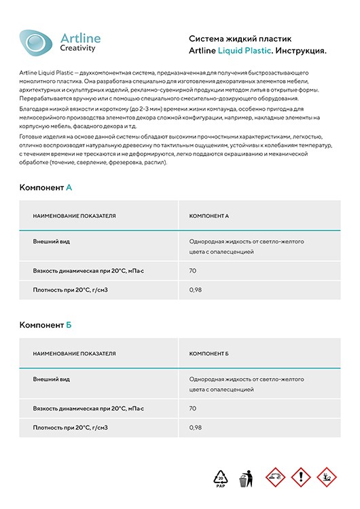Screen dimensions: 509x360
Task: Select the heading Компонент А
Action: pyautogui.click(x=46, y=187)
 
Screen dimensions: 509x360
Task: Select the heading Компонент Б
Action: pyautogui.click(x=46, y=325)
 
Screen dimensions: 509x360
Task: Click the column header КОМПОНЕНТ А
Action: pyautogui.click(x=209, y=216)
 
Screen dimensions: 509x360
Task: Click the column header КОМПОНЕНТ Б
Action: pyautogui.click(x=209, y=354)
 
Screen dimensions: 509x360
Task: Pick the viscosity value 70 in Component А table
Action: pyautogui.click(x=193, y=270)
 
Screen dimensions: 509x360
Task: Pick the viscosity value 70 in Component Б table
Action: pyautogui.click(x=193, y=409)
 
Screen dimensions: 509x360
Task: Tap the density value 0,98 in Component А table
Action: pyautogui.click(x=196, y=290)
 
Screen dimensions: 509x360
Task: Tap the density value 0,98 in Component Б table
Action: pyautogui.click(x=196, y=428)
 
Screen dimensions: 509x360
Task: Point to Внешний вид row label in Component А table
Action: pyautogui.click(x=52, y=241)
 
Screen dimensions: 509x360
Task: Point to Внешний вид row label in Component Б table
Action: pyautogui.click(x=52, y=379)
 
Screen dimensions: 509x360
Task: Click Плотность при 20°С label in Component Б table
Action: pyautogui.click(x=71, y=428)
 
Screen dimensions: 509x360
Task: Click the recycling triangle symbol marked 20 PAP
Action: pyautogui.click(x=221, y=478)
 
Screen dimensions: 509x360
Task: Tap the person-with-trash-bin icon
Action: pyautogui.click(x=247, y=478)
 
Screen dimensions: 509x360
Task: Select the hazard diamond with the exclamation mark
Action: pyautogui.click(x=300, y=477)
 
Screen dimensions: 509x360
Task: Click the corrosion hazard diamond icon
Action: pyautogui.click(x=273, y=477)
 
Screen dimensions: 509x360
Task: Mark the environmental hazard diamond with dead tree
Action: pyautogui.click(x=327, y=477)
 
